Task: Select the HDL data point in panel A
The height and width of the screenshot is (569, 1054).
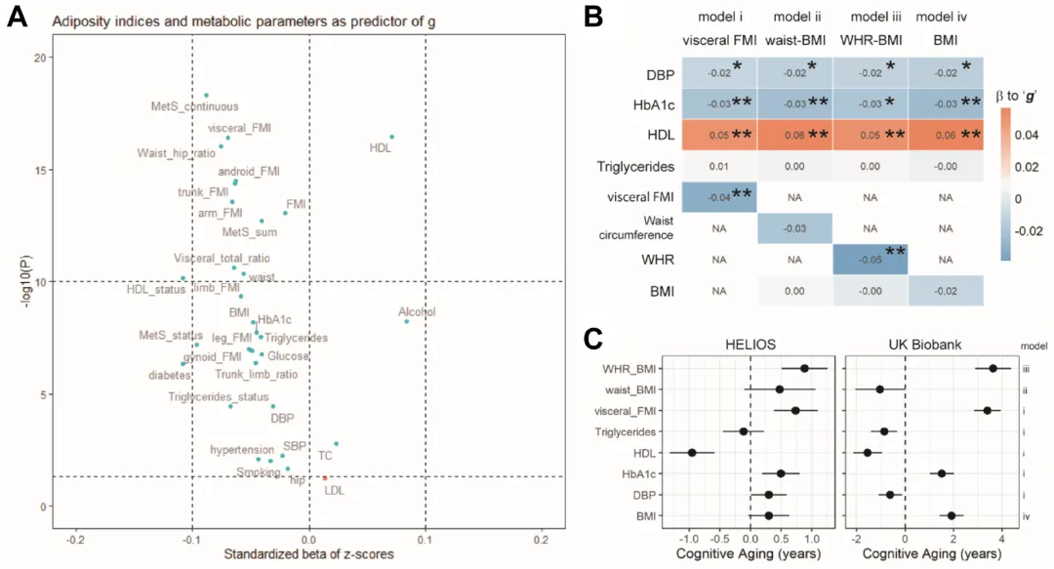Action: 391,138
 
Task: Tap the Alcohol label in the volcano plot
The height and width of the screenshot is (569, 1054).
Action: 417,312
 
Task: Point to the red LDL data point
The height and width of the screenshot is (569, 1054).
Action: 325,478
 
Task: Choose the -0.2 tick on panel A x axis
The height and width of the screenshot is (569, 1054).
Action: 75,539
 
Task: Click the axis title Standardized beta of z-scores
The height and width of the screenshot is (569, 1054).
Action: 309,554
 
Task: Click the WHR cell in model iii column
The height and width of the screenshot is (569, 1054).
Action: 870,259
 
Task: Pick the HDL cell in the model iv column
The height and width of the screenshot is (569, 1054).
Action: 945,136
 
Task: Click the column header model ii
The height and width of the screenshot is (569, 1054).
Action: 792,17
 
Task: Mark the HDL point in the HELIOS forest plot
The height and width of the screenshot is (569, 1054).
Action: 692,452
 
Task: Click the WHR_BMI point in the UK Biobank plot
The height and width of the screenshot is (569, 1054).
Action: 993,368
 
